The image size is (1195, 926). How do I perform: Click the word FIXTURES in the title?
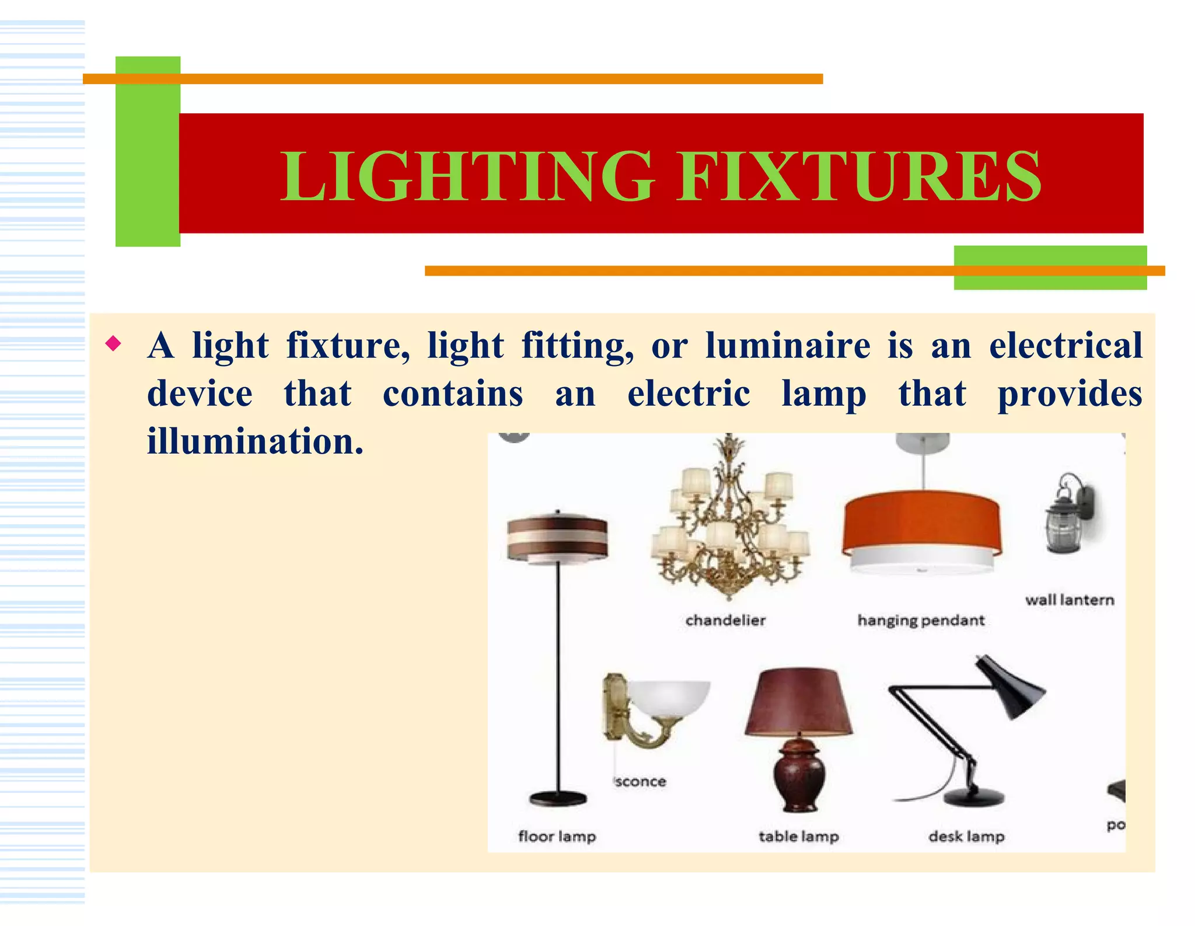[859, 176]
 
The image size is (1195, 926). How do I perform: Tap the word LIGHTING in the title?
[467, 176]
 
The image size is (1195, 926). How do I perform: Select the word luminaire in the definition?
[788, 346]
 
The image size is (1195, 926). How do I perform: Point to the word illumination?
[255, 441]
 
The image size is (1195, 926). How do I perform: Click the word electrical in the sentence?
[1065, 346]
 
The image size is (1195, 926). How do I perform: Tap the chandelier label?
[725, 620]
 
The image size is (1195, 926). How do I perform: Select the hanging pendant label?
[921, 621]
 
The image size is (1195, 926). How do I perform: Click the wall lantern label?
[1070, 600]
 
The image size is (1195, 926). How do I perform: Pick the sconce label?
[640, 782]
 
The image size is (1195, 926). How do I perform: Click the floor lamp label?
[557, 837]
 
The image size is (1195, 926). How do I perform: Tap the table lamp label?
[799, 837]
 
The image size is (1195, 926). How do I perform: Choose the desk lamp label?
[966, 837]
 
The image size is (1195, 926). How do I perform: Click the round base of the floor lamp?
[558, 798]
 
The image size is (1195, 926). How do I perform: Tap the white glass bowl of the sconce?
[671, 698]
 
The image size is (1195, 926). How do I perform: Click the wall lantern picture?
[1067, 514]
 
